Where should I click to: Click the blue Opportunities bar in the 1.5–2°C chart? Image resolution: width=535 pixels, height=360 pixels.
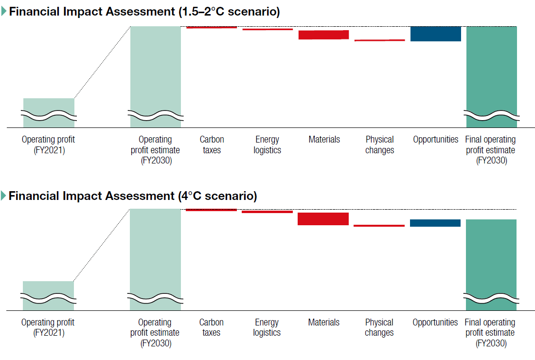pyautogui.click(x=436, y=34)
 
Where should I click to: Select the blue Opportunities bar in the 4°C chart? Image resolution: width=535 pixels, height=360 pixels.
pyautogui.click(x=435, y=223)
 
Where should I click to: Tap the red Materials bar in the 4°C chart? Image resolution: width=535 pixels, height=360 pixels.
pyautogui.click(x=323, y=219)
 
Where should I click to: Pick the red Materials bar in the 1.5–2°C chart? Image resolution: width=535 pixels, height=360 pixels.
pyautogui.click(x=323, y=35)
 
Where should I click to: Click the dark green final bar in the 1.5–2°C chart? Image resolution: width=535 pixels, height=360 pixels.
pyautogui.click(x=492, y=77)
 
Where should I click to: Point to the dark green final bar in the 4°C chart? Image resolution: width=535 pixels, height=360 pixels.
pyautogui.click(x=491, y=265)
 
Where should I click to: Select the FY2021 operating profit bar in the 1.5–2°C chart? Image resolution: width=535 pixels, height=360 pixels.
pyautogui.click(x=49, y=112)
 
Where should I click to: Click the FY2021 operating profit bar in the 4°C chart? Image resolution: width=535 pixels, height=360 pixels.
pyautogui.click(x=49, y=295)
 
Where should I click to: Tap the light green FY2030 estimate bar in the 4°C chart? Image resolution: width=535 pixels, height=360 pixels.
pyautogui.click(x=155, y=259)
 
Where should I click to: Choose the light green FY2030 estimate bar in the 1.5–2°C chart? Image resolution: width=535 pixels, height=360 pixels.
pyautogui.click(x=156, y=77)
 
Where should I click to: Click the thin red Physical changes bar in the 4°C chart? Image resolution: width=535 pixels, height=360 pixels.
pyautogui.click(x=379, y=226)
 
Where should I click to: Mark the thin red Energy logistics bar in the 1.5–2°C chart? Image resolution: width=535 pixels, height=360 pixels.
pyautogui.click(x=267, y=29)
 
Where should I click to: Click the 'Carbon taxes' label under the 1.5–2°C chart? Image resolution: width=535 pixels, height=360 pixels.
pyautogui.click(x=212, y=144)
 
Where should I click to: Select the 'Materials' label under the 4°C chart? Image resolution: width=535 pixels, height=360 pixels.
pyautogui.click(x=324, y=322)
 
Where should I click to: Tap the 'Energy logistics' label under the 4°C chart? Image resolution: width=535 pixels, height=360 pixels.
pyautogui.click(x=267, y=327)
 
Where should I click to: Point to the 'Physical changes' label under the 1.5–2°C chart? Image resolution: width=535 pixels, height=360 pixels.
pyautogui.click(x=380, y=144)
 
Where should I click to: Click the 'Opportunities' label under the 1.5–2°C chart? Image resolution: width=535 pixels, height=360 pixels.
pyautogui.click(x=436, y=140)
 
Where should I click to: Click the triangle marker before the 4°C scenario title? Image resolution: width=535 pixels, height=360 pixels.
pyautogui.click(x=4, y=196)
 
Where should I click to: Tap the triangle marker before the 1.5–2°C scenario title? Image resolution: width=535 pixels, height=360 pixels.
pyautogui.click(x=4, y=11)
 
